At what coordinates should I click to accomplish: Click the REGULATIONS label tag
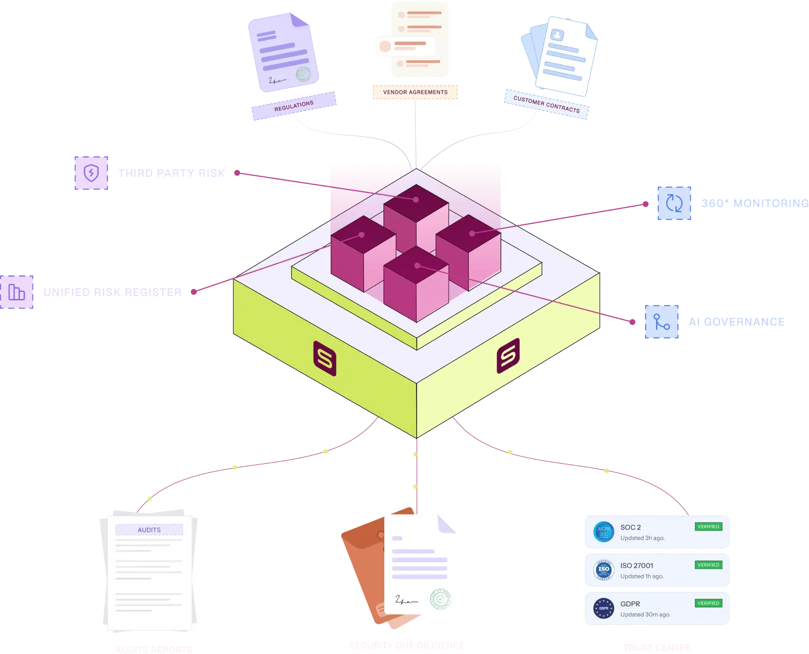pos(294,106)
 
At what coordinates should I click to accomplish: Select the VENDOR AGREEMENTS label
pos(415,92)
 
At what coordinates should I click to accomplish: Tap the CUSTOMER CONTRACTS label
pos(546,104)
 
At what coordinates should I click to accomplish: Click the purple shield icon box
pos(92,173)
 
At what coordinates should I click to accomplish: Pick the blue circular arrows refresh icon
pos(675,203)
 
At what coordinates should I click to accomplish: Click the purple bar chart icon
pos(17,291)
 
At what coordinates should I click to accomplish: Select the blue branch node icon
pos(662,322)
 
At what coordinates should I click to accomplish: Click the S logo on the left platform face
pos(325,359)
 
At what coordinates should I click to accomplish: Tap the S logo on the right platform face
pos(508,356)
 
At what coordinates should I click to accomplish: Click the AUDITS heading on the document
pos(149,530)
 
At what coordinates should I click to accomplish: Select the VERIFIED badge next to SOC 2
pos(708,526)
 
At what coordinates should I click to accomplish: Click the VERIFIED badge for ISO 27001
pos(708,565)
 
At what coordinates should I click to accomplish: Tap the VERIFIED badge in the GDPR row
pos(708,603)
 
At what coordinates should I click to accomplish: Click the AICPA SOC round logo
pos(603,531)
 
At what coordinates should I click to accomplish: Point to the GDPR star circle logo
pos(603,608)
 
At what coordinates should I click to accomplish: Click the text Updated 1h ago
pos(642,576)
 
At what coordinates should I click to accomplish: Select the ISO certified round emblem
pos(603,570)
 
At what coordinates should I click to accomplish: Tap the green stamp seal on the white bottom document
pos(440,599)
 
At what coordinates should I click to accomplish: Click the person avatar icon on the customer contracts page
pos(557,35)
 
